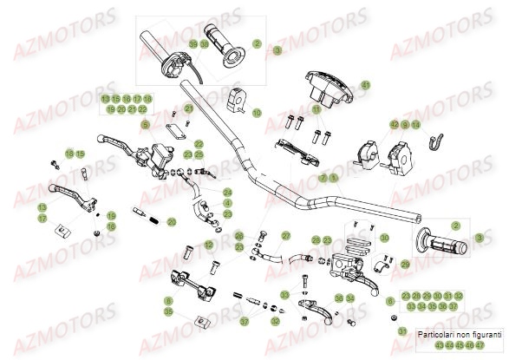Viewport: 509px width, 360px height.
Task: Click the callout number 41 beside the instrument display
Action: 365,85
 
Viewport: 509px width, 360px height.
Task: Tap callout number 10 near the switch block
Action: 257,112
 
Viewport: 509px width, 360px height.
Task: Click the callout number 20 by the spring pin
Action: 172,222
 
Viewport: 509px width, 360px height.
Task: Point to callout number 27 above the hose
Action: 285,235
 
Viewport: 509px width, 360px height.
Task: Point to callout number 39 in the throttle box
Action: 192,43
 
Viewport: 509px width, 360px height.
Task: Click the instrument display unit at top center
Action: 328,89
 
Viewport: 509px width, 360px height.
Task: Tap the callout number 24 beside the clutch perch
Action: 227,192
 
